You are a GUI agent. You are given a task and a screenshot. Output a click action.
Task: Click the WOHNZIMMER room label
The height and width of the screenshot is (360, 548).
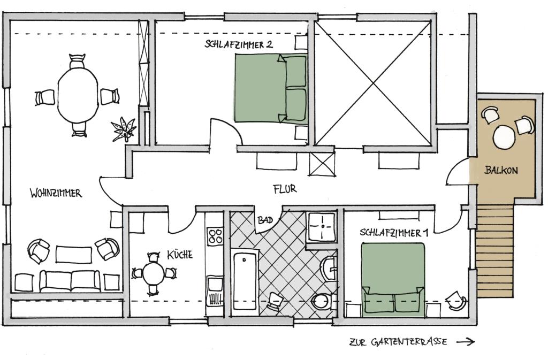(56, 193)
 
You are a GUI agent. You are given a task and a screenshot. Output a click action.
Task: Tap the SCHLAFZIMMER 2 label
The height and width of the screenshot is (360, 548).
(239, 44)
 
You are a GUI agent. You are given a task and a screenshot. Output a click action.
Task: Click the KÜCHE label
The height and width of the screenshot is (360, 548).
(179, 255)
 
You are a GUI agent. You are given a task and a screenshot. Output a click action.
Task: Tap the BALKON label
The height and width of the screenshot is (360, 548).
(501, 171)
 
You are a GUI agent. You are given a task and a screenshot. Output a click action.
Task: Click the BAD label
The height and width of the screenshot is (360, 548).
(265, 220)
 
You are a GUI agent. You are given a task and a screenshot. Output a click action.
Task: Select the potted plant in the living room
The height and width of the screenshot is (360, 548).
(123, 129)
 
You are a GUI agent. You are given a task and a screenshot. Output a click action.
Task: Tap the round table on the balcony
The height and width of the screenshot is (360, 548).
(505, 137)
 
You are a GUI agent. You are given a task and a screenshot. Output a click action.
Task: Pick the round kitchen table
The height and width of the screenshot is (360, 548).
(154, 274)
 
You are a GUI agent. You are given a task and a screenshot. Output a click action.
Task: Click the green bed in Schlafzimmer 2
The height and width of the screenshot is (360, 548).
(271, 89)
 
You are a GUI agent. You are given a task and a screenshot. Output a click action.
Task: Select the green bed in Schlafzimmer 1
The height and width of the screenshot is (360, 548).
(393, 278)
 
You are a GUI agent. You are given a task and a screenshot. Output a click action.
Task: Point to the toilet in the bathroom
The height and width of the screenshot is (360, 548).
(322, 302)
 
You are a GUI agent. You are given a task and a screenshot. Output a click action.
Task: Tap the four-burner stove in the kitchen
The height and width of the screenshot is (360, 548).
(215, 236)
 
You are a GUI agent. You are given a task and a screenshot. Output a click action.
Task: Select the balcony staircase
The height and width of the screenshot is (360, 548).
(496, 251)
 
